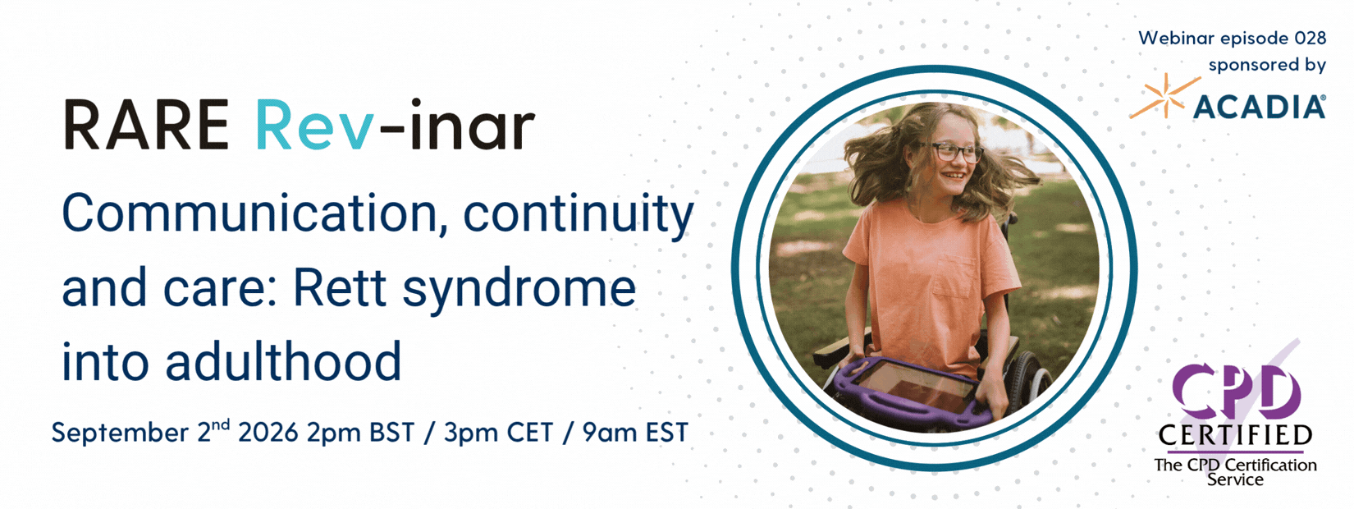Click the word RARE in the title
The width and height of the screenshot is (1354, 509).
146,125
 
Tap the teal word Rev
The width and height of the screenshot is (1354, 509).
314,125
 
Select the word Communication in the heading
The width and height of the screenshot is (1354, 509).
249,213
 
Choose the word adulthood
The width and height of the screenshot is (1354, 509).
283,361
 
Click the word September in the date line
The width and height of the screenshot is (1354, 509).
120,433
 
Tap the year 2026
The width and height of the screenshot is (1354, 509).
268,432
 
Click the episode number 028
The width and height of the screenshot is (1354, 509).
1310,38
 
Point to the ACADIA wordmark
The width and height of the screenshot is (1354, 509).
1259,107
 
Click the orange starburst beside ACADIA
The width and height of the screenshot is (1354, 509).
1164,95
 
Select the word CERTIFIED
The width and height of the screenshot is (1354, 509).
1235,435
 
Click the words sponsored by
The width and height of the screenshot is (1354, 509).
1267,66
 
